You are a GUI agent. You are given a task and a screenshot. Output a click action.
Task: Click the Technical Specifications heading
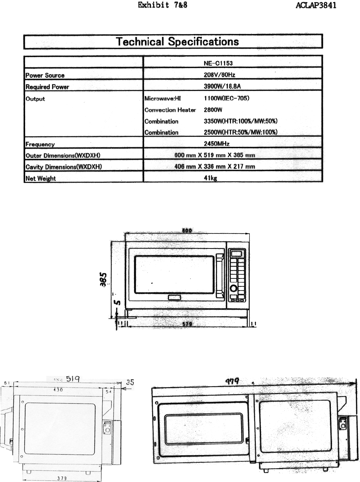click(177, 41)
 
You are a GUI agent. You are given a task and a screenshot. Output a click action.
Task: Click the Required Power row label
click(47, 87)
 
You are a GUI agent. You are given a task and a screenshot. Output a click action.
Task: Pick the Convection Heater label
click(170, 110)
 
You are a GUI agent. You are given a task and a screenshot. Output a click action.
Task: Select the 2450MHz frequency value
click(217, 144)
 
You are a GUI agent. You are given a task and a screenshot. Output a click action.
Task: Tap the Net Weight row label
click(40, 178)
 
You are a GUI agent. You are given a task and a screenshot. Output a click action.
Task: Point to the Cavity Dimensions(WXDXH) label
click(64, 166)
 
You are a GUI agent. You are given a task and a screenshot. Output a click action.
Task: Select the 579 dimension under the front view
click(187, 324)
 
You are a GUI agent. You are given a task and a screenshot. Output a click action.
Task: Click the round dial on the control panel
click(234, 288)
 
